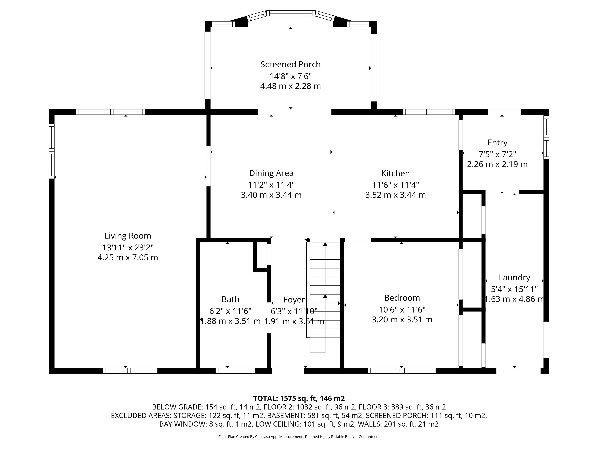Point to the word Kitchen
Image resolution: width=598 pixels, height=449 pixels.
click(396, 173)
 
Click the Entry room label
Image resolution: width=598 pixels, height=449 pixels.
click(497, 143)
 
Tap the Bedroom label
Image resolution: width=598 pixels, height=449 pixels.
click(402, 298)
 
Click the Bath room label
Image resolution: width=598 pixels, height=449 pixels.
click(230, 299)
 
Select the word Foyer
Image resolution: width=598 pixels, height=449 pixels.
click(294, 300)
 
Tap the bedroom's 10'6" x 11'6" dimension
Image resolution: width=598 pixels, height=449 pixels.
click(402, 309)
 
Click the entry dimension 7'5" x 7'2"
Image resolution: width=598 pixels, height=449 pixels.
click(497, 154)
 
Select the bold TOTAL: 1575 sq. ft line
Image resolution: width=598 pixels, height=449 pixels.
click(299, 398)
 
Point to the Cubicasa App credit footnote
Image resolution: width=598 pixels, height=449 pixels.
click(299, 437)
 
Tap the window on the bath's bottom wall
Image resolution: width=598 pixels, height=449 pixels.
click(235, 371)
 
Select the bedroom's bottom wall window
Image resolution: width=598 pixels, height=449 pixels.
click(402, 371)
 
